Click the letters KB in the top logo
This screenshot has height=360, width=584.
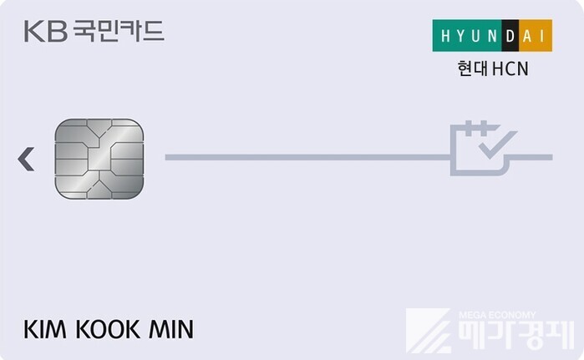click(46, 31)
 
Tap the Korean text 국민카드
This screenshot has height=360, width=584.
click(119, 31)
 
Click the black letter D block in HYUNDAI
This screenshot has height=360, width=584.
click(510, 36)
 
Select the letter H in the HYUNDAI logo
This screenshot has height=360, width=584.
click(445, 36)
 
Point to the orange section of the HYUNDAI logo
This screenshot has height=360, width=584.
click(536, 36)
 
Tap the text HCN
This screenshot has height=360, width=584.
click(510, 68)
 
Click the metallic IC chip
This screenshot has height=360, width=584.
click(99, 159)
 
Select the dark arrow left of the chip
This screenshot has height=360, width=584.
click(26, 159)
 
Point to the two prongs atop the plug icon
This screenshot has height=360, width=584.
click(476, 128)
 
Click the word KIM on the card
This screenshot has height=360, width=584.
click(45, 329)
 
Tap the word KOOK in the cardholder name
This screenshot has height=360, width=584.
click(108, 329)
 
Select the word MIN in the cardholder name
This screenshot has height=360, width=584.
click(171, 329)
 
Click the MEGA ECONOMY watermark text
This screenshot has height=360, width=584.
click(497, 315)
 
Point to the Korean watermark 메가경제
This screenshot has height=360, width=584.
click(516, 334)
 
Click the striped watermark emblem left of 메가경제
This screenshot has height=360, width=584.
click(429, 331)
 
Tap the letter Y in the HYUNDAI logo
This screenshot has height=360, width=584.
click(460, 36)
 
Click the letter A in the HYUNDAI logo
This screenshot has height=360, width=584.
click(527, 36)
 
